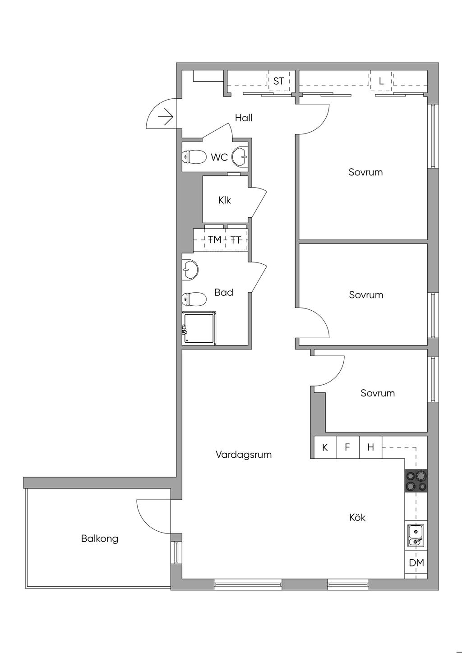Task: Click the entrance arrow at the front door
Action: pyautogui.click(x=166, y=117)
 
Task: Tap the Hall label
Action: pyautogui.click(x=244, y=118)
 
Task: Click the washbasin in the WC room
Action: pyautogui.click(x=240, y=156)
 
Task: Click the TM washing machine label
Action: pyautogui.click(x=215, y=239)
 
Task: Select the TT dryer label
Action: pyautogui.click(x=236, y=240)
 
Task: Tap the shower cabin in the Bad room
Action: pyautogui.click(x=199, y=328)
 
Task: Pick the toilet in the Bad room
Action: pyautogui.click(x=194, y=299)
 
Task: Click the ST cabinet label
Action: pyautogui.click(x=278, y=81)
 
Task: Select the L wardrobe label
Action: pyautogui.click(x=381, y=81)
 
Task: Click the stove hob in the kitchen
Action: pyautogui.click(x=416, y=481)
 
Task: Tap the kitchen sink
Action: pyautogui.click(x=416, y=535)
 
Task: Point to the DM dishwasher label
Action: pyautogui.click(x=416, y=563)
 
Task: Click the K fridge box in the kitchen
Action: pyautogui.click(x=325, y=447)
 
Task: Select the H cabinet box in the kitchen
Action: pyautogui.click(x=370, y=447)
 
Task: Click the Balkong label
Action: pyautogui.click(x=100, y=538)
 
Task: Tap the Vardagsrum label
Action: pyautogui.click(x=244, y=455)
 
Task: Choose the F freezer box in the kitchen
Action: pyautogui.click(x=348, y=447)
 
